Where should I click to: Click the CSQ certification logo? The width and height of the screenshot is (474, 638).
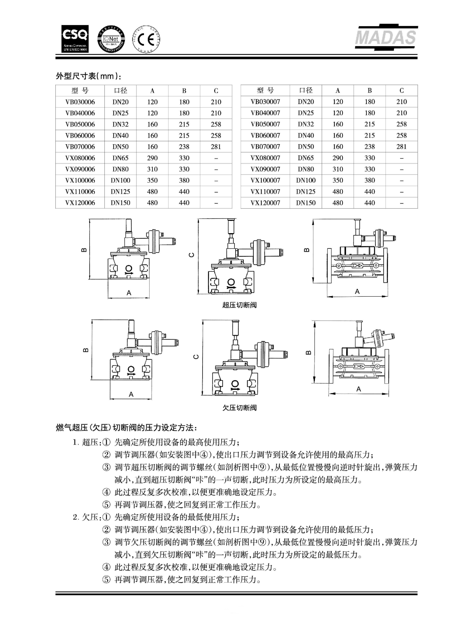coord(75,39)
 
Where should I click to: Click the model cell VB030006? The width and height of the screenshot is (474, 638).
coord(80,102)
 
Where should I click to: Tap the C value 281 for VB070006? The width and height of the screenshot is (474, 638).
coord(216,147)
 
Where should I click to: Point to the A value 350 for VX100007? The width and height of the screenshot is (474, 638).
coord(338,180)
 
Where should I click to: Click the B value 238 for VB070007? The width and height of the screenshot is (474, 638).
coord(370,147)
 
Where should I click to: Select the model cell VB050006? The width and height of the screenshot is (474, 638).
coord(80,124)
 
